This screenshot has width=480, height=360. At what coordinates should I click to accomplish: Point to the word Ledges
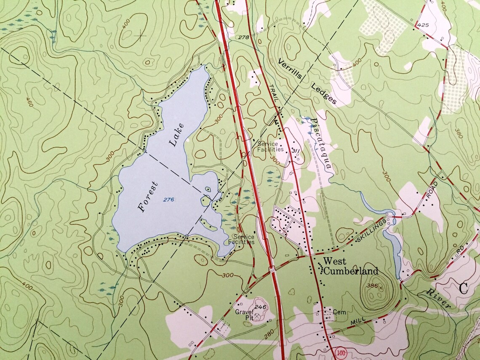(324, 93)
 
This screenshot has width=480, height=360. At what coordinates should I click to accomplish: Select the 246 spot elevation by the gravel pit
(261, 307)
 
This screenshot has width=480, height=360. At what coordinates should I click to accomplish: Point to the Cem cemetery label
(339, 312)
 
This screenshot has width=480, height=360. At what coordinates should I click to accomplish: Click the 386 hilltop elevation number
(372, 286)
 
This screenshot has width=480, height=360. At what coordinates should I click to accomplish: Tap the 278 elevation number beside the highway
(243, 37)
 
